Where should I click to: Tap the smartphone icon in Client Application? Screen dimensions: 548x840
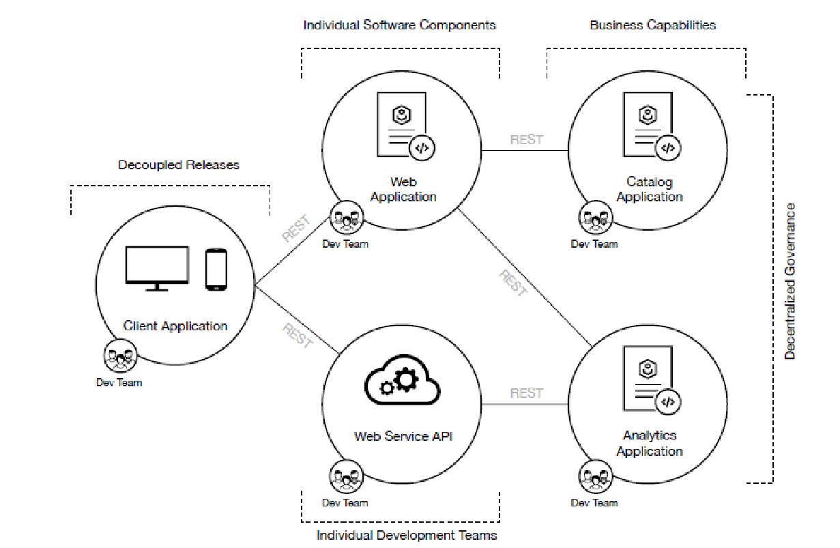216,270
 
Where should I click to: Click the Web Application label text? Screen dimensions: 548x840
403,190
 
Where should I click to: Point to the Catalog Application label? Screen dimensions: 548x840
650,190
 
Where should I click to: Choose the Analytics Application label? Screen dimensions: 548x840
650,443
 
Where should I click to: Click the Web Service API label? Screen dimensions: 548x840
403,436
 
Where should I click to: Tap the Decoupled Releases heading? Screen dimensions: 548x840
179,165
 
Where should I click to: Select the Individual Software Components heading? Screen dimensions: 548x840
400,25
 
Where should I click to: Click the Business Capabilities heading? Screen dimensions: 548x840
652,25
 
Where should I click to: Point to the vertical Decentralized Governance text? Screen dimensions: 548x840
790,280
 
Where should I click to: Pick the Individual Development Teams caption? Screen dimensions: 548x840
407,535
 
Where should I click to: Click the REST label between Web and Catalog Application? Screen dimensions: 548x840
527,140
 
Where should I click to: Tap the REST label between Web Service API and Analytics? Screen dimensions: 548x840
527,394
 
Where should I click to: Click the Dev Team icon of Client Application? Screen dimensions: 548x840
120,356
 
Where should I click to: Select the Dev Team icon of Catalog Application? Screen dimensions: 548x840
595,219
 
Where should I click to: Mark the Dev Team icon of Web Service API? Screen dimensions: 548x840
346,476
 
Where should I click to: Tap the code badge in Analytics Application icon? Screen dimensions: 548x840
668,402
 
